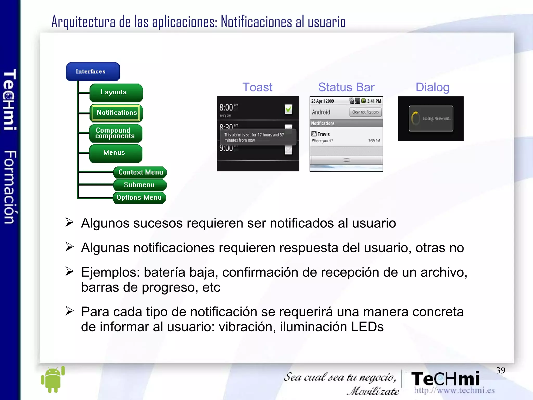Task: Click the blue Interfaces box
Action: pos(93,71)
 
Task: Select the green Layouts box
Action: pos(116,93)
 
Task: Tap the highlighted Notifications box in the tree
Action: pos(116,113)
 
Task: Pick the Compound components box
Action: pos(116,133)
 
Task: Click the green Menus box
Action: pos(116,153)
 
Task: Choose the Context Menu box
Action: pos(140,172)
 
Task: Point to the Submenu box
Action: pos(140,185)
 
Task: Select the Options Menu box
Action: pos(139,198)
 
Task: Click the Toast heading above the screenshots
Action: pos(257,87)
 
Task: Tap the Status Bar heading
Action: pos(346,87)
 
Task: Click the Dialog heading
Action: pos(432,87)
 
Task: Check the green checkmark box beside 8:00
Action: pos(288,109)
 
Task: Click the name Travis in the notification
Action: pos(323,134)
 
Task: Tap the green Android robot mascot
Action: pos(53,379)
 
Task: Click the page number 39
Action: pos(500,370)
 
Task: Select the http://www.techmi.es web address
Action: pos(454,390)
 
